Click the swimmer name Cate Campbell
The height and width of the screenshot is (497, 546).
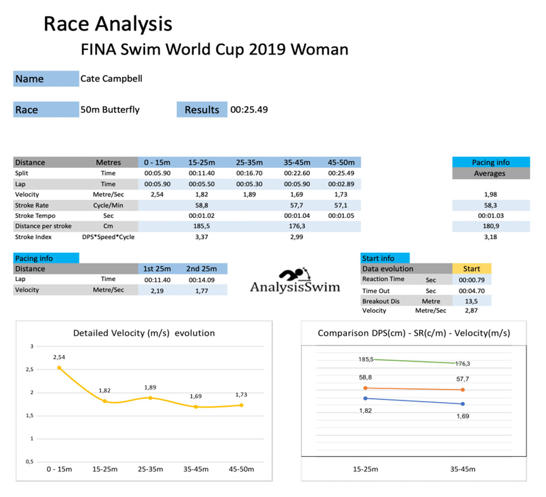coord(111,79)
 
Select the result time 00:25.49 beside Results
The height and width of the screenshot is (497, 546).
coord(249,110)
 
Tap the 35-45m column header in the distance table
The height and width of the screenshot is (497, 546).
coord(297,162)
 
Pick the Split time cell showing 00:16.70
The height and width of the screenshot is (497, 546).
coord(249,173)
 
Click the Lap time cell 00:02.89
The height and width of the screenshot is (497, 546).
coord(341,184)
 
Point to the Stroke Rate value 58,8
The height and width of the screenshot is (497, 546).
coord(201,205)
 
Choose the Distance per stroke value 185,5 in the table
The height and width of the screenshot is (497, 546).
coord(201,226)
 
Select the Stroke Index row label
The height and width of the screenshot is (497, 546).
coord(34,237)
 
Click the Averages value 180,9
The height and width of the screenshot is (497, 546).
coord(491,226)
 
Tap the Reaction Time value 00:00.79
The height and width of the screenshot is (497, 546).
coord(472,280)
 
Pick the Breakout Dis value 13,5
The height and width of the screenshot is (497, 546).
coord(471,301)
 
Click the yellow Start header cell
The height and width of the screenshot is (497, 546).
coord(472,269)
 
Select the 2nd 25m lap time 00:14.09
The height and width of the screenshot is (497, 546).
coord(201,280)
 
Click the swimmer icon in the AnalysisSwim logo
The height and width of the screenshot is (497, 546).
coord(295,274)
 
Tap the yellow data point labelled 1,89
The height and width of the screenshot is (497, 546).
coord(150,398)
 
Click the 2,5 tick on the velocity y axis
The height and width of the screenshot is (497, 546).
coord(30,369)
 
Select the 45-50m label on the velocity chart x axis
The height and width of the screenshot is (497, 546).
coord(241,469)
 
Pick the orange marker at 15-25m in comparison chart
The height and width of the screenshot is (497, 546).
coord(365,388)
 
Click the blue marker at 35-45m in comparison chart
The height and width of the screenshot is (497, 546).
coord(462,404)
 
